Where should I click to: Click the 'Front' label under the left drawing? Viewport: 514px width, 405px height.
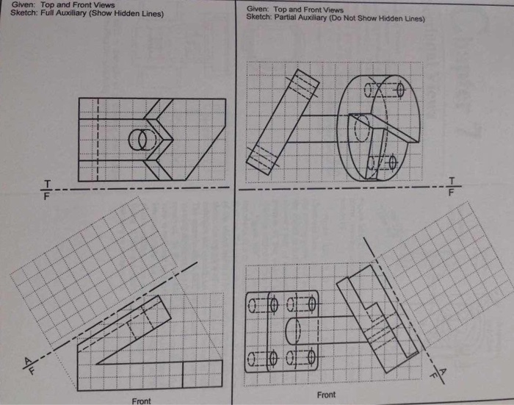(x=141, y=401)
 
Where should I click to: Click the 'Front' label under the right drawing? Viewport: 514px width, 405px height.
(x=326, y=395)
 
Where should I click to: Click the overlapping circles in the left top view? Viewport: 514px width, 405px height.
(x=138, y=140)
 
